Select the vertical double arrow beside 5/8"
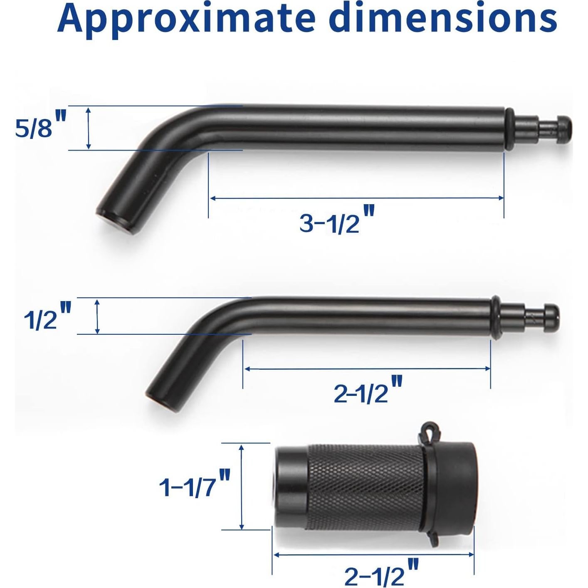tap(88, 128)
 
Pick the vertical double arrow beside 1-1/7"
tap(242, 487)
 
